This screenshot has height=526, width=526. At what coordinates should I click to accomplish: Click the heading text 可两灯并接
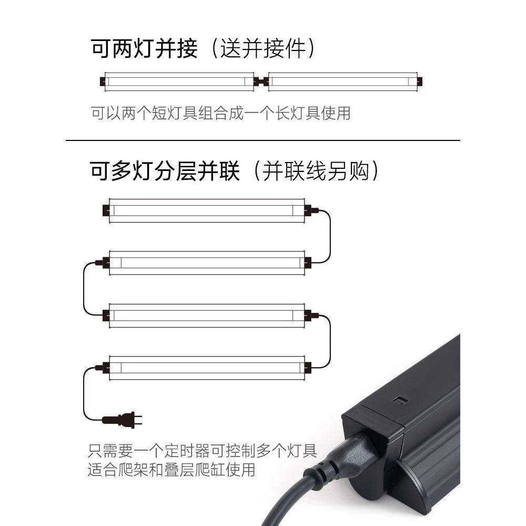[145, 49]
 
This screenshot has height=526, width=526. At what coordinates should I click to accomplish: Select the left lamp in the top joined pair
[179, 82]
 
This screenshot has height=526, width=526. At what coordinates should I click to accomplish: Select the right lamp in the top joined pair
[343, 82]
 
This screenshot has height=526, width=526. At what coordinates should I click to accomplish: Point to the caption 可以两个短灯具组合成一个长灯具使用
[220, 113]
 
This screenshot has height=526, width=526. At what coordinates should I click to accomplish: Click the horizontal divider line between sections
[263, 140]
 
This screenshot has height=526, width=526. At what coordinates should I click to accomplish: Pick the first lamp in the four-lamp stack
[207, 210]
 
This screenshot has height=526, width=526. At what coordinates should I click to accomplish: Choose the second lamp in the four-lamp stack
[207, 262]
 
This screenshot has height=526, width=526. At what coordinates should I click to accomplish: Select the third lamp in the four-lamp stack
[207, 315]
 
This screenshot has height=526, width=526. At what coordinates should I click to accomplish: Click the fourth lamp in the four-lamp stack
[207, 367]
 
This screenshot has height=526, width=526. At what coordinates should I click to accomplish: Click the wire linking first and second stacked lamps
[330, 237]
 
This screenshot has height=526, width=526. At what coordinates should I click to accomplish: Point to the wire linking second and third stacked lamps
[84, 289]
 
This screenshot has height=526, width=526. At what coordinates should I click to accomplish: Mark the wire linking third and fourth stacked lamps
[330, 341]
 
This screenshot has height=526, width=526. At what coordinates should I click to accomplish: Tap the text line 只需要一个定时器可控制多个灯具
[203, 451]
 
